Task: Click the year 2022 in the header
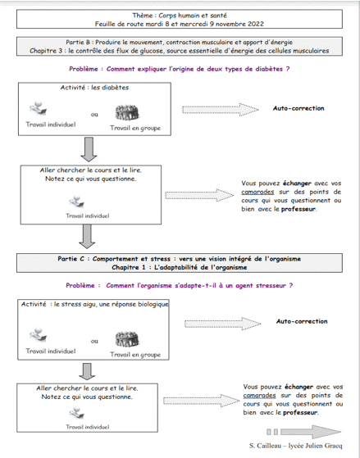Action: point(256,24)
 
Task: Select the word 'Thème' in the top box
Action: point(143,16)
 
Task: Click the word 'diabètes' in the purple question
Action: point(268,69)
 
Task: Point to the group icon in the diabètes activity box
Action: point(126,112)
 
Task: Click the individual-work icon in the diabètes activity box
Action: point(39,108)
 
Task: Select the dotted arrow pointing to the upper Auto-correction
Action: point(221,110)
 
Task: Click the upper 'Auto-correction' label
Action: point(298,108)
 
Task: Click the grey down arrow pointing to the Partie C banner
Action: point(87,237)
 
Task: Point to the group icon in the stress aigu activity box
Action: point(126,339)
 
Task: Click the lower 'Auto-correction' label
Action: point(302,321)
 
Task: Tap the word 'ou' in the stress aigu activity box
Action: point(94,341)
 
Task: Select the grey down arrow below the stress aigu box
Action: point(87,371)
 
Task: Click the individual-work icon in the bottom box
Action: point(77,413)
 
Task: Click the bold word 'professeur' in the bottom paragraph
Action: point(300,412)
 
